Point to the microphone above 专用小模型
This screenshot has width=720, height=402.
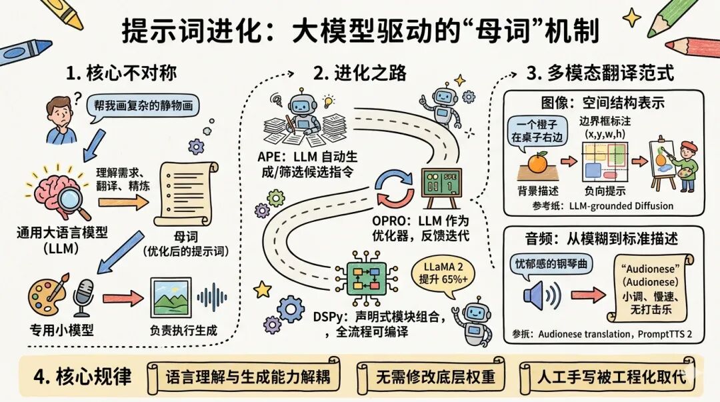(83, 297)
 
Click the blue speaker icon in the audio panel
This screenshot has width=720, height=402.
(541, 295)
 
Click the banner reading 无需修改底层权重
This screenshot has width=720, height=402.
(435, 376)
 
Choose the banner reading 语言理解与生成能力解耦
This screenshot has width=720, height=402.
(252, 376)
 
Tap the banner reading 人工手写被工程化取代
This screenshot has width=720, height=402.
(611, 376)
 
